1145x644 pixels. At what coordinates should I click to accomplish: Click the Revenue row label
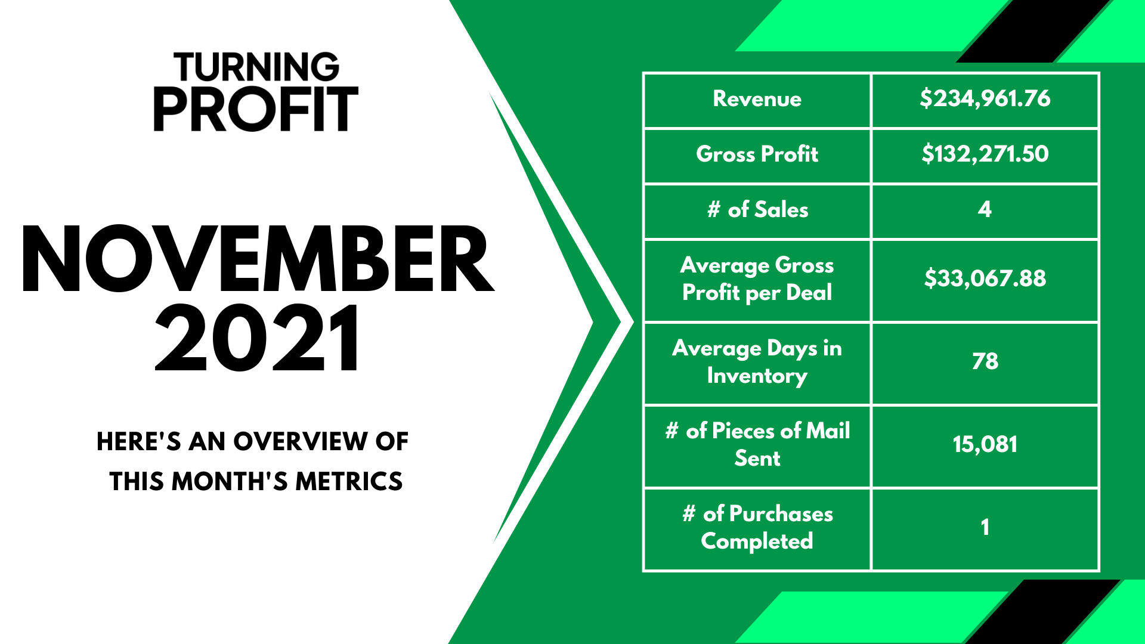(757, 99)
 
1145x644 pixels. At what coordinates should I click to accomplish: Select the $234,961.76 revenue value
(985, 98)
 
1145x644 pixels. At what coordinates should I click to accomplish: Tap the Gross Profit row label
(757, 154)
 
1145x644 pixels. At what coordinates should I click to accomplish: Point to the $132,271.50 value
(985, 154)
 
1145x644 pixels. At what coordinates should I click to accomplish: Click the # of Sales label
(757, 210)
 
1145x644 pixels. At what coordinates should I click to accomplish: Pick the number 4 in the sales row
(985, 209)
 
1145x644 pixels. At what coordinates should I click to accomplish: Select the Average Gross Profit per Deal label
(757, 279)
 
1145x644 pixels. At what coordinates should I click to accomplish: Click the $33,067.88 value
(985, 278)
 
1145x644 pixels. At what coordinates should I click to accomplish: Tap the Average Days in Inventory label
(757, 362)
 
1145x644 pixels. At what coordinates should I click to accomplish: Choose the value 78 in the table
(985, 361)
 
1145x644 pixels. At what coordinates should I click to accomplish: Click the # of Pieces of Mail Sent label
(757, 444)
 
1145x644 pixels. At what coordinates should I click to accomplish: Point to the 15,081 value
(985, 445)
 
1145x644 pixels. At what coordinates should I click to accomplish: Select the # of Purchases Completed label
(757, 527)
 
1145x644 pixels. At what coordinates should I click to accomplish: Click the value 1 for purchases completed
(985, 527)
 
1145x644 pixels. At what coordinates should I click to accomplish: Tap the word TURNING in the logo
(256, 67)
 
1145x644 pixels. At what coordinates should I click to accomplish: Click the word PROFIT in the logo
(256, 109)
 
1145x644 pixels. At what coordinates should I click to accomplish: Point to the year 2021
(258, 338)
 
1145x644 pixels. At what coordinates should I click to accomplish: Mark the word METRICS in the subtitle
(349, 482)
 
